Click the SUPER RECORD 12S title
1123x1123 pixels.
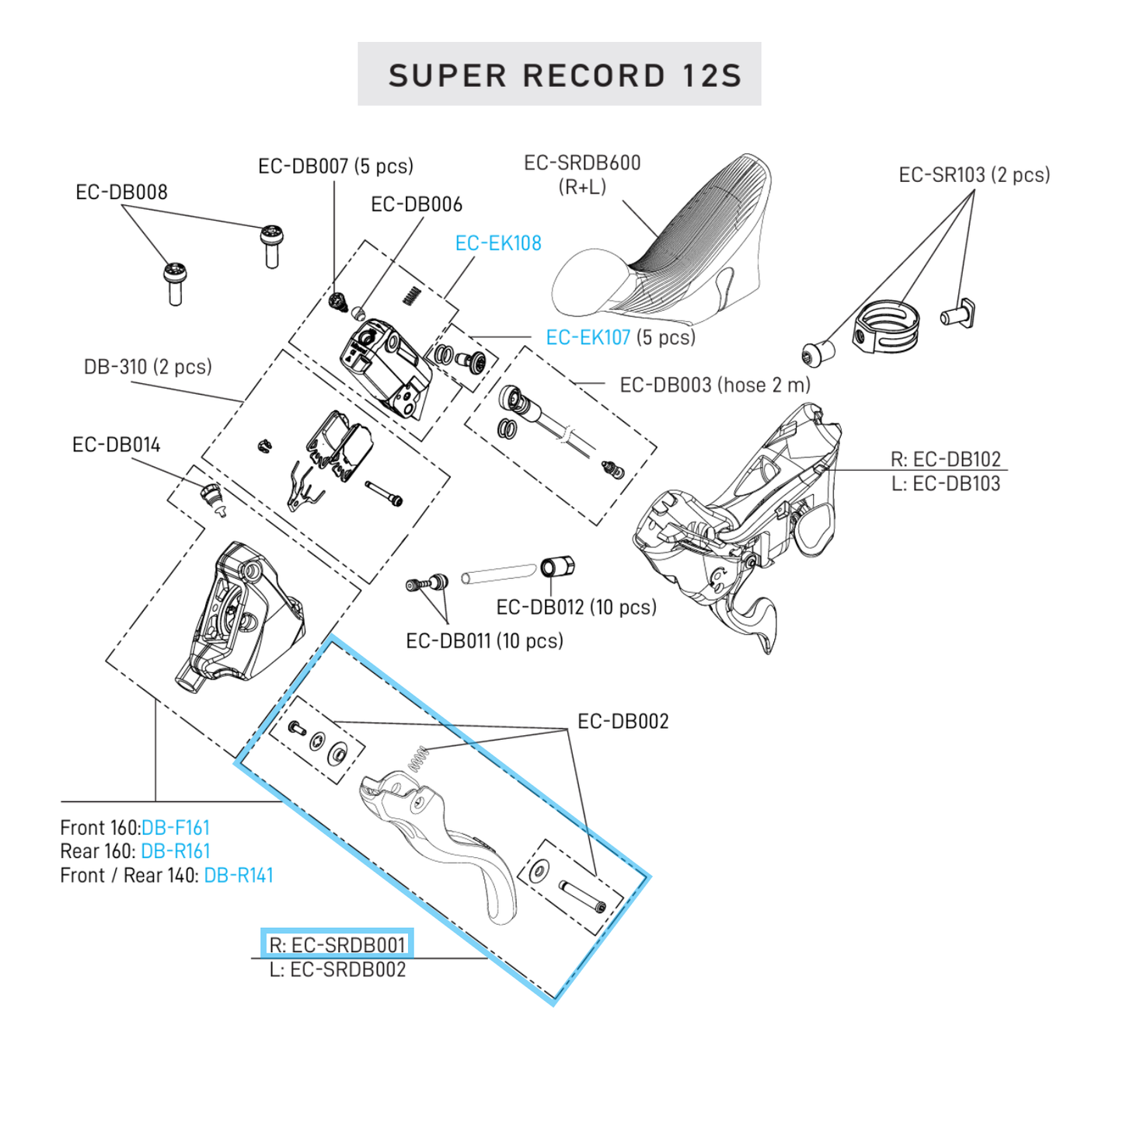(565, 75)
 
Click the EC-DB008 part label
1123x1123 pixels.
(121, 192)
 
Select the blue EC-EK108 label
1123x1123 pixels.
(498, 243)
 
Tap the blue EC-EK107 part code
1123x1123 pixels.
(588, 337)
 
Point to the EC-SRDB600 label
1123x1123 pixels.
(582, 163)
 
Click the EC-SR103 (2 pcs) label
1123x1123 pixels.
(974, 175)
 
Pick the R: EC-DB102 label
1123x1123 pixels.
(945, 459)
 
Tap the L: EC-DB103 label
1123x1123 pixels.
(945, 483)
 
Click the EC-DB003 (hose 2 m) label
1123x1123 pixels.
(715, 385)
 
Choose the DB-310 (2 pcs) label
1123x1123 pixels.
(148, 367)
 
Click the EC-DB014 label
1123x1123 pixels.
(116, 445)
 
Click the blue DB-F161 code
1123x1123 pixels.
(176, 828)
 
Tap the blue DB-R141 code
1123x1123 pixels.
(239, 875)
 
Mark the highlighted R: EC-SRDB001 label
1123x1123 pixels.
(337, 944)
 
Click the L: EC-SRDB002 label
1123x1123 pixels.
(337, 970)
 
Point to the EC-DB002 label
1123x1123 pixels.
(623, 721)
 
